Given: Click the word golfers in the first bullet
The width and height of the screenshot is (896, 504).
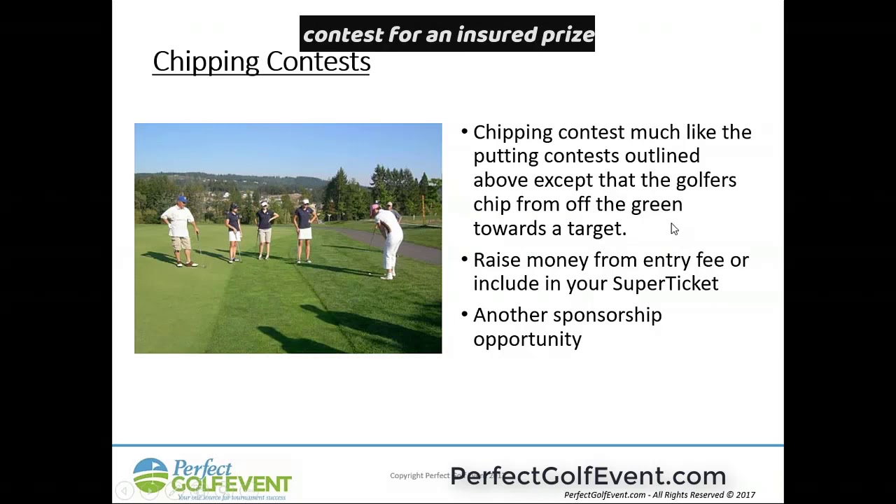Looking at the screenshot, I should coord(706,180).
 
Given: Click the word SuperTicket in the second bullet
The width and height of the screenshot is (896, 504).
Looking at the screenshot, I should coord(665,283).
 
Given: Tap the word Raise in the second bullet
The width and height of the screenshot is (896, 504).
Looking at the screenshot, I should coord(496,260).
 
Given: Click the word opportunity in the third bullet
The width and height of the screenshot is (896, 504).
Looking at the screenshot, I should coord(527,339).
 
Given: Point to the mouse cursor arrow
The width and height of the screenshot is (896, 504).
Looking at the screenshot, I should coord(673,229).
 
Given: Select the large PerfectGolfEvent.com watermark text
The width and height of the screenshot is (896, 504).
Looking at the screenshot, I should coord(588,476).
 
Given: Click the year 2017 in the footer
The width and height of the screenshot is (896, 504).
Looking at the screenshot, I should coord(745,495).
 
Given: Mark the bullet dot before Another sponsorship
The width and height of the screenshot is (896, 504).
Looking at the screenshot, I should coord(465,316).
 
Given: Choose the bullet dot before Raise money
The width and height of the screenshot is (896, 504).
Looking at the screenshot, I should coord(465,260).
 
